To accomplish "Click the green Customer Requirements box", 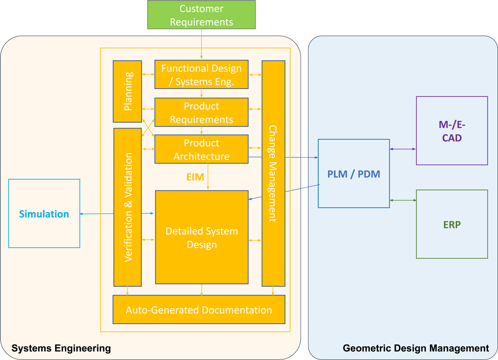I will pyautogui.click(x=201, y=15).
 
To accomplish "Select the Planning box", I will pyautogui.click(x=128, y=91).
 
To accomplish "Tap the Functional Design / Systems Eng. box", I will pyautogui.click(x=201, y=74).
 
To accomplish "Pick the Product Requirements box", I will pyautogui.click(x=201, y=112).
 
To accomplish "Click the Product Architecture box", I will pyautogui.click(x=201, y=149).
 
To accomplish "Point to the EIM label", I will pyautogui.click(x=195, y=177).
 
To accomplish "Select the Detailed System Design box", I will pyautogui.click(x=202, y=237).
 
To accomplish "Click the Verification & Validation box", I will pyautogui.click(x=128, y=207).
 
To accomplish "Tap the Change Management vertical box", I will pyautogui.click(x=273, y=173).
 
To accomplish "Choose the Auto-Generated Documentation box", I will pyautogui.click(x=199, y=310).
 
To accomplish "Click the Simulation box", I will pyautogui.click(x=44, y=214).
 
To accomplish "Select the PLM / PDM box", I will pyautogui.click(x=354, y=174).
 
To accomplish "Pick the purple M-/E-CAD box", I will pyautogui.click(x=452, y=131).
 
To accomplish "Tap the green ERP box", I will pyautogui.click(x=452, y=224).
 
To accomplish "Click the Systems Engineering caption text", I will pyautogui.click(x=61, y=348).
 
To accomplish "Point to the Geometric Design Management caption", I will pyautogui.click(x=416, y=348).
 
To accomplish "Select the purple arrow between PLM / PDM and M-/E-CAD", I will pyautogui.click(x=403, y=149).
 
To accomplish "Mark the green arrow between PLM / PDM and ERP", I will pyautogui.click(x=403, y=201).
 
